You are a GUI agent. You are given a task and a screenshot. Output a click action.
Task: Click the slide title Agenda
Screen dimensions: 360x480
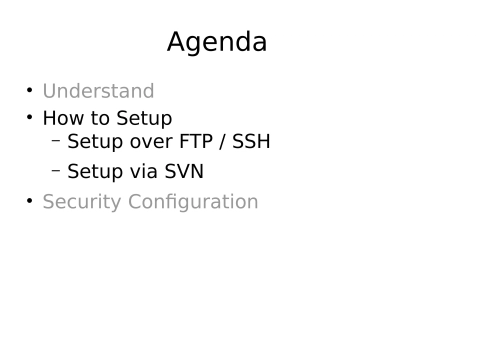216,42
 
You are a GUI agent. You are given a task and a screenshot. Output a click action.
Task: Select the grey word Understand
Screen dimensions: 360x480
98,91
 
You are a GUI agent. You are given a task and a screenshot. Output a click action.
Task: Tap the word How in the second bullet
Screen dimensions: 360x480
64,118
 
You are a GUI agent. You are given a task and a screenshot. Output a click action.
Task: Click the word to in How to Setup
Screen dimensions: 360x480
101,118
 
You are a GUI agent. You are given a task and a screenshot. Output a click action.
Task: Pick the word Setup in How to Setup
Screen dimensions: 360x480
144,119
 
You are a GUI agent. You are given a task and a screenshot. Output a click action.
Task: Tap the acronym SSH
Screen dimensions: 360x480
252,142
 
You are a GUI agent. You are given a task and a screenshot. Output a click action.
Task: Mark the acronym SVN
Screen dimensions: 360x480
185,171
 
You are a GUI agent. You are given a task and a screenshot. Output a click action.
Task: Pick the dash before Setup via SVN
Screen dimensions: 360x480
56,170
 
